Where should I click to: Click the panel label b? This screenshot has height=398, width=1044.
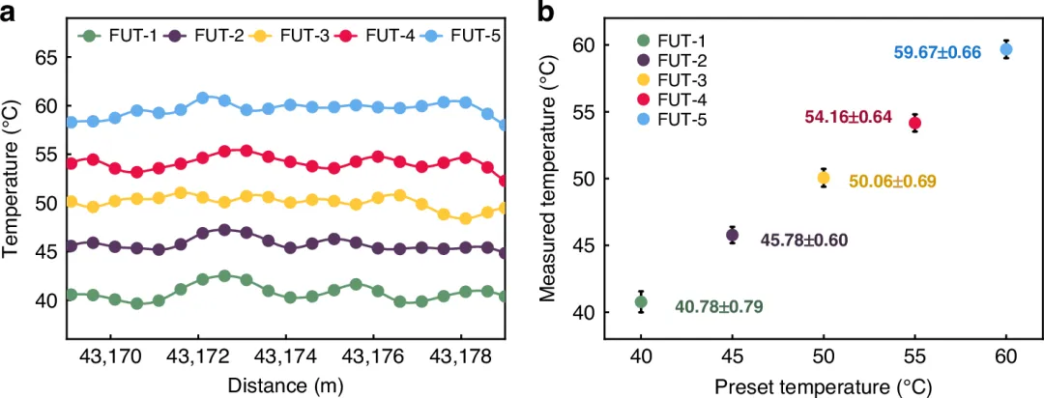tap(546, 13)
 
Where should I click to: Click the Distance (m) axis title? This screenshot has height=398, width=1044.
tap(285, 384)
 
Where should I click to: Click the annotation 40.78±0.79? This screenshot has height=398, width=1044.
tap(719, 307)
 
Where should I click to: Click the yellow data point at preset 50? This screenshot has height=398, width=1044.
tap(824, 178)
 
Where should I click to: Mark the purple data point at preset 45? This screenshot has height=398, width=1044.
tap(733, 235)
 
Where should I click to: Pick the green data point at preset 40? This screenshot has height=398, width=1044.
tap(641, 302)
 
